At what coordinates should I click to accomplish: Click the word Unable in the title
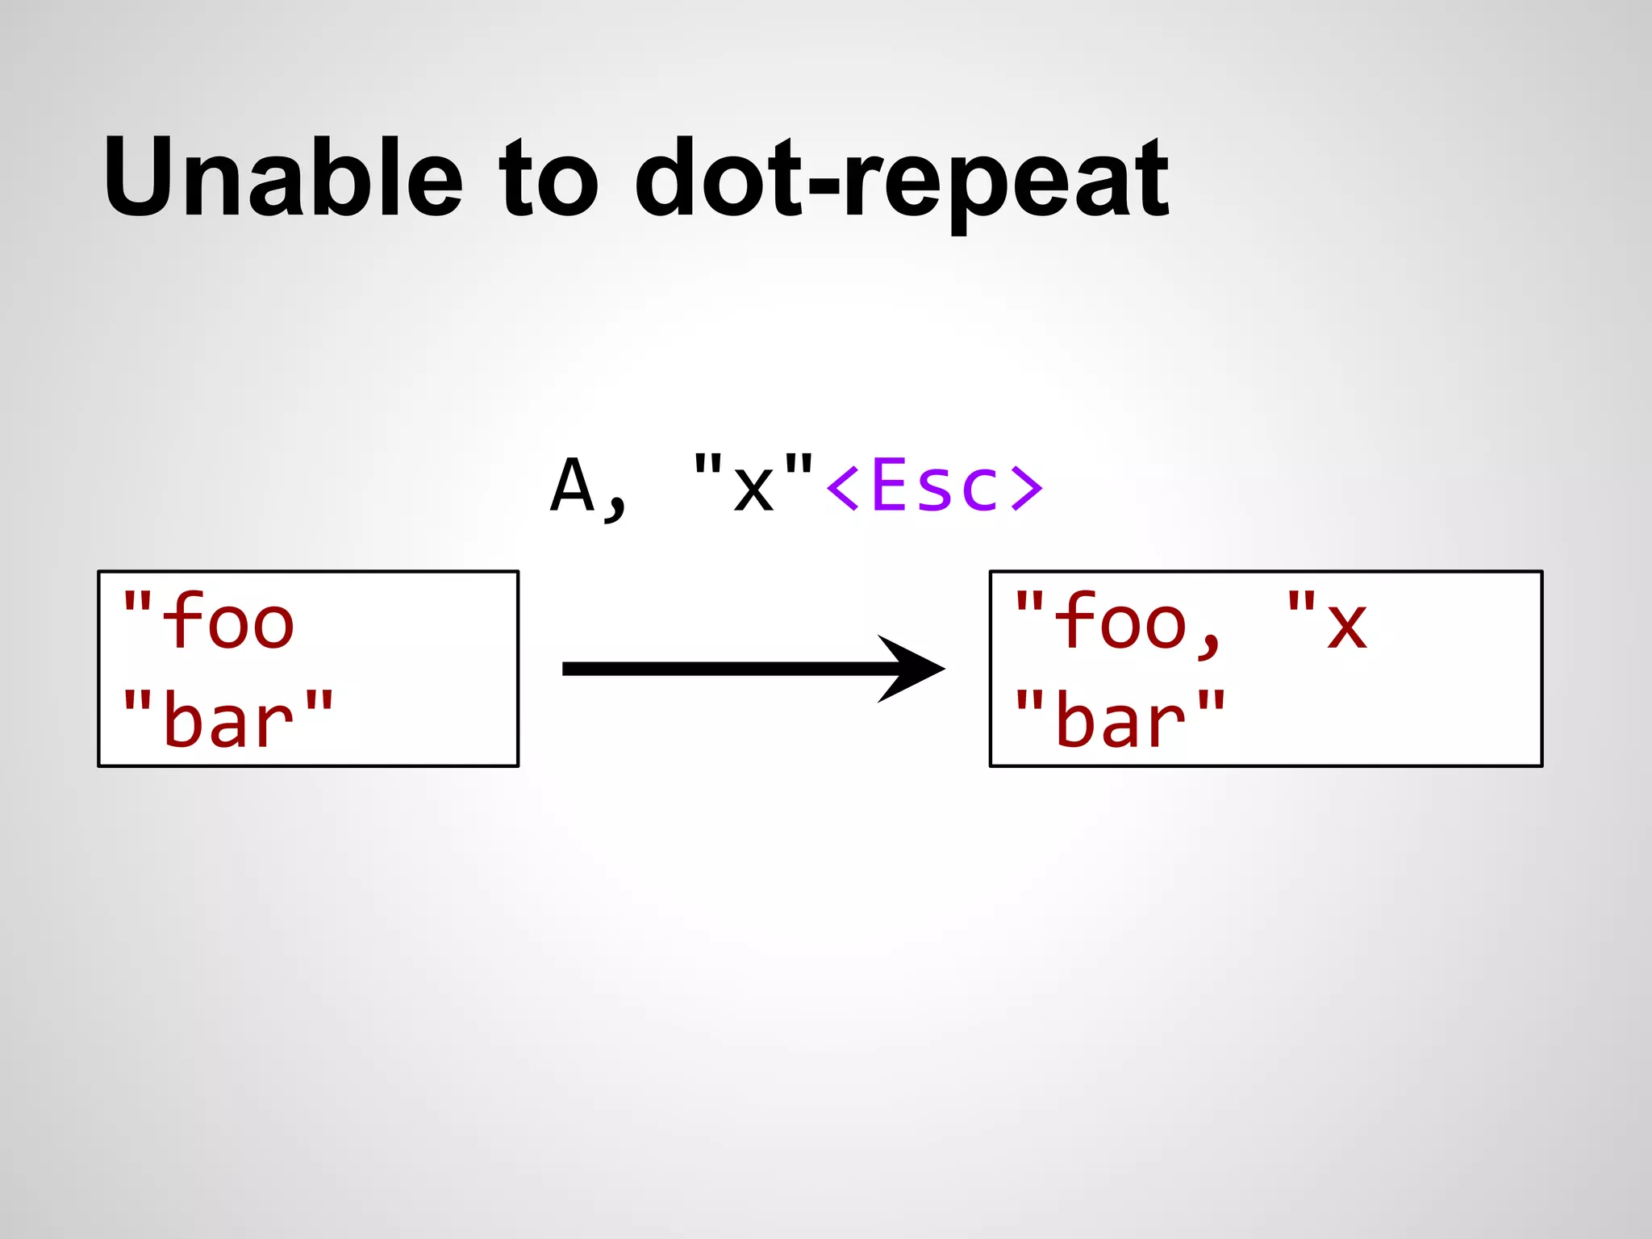(x=282, y=177)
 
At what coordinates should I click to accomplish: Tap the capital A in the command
(x=572, y=486)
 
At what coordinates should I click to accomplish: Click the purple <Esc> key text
(x=934, y=486)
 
